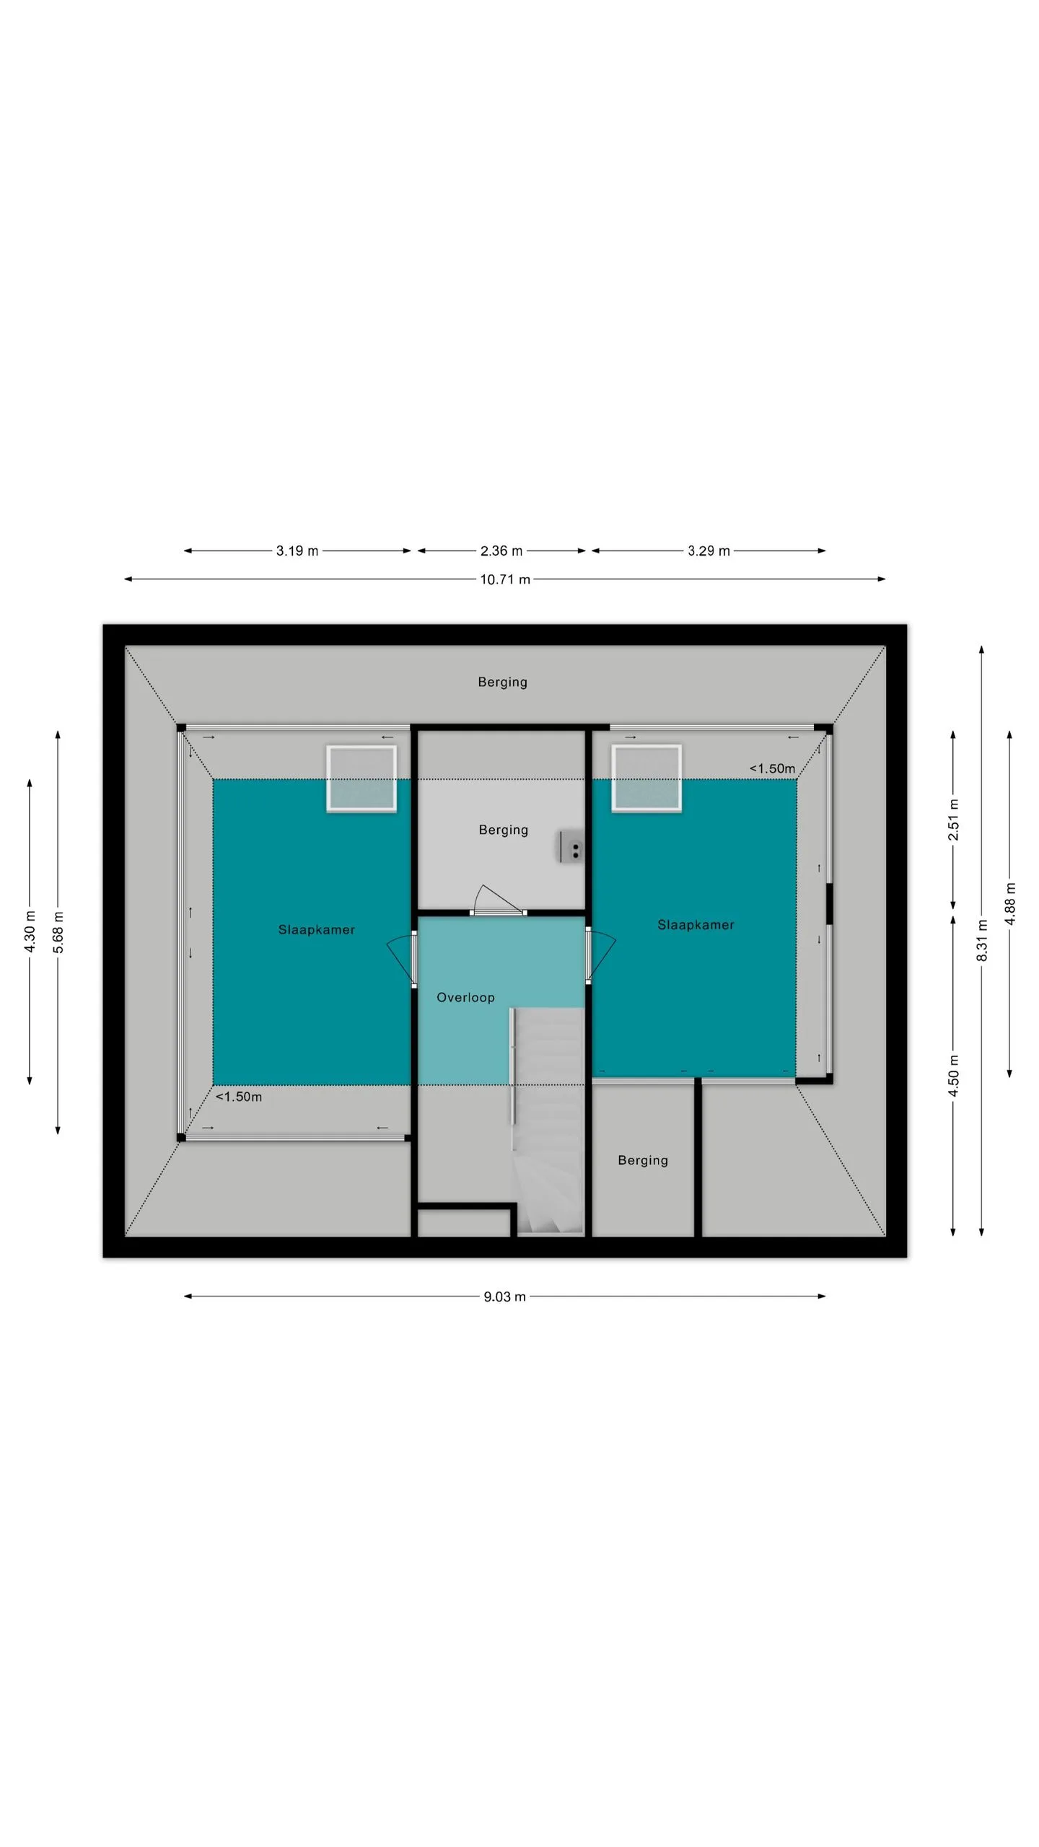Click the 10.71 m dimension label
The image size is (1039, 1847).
(505, 579)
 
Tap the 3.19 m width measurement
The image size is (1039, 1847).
(297, 551)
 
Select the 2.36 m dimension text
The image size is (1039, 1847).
(501, 551)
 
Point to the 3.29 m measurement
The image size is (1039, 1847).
(709, 551)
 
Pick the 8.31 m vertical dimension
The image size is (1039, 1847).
(982, 940)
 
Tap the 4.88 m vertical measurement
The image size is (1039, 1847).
(1010, 903)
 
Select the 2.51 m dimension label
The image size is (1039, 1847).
(954, 820)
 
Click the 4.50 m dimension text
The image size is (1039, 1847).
(954, 1076)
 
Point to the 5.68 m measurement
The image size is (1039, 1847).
(58, 932)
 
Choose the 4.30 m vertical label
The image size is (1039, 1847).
(30, 931)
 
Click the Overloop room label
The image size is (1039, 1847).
(466, 998)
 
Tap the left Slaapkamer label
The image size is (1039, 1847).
(317, 930)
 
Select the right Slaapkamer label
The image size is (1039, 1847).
(696, 925)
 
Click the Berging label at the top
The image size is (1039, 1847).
(503, 683)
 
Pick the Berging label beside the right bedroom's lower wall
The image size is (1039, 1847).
(643, 1161)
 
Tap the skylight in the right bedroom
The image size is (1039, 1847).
(646, 778)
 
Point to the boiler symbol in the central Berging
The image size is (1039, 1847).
(571, 847)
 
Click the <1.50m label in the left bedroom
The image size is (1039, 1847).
(239, 1097)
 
